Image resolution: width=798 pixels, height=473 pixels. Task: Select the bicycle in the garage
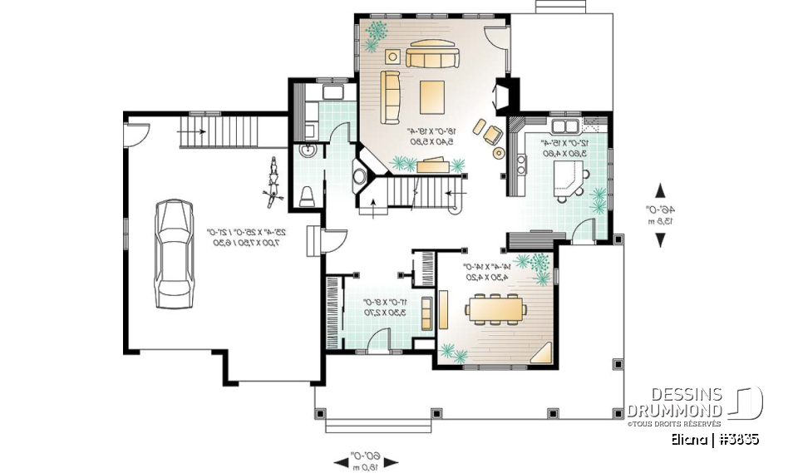[271, 180]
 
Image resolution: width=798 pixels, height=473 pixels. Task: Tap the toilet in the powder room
[306, 195]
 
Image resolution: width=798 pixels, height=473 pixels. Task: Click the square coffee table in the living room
[432, 95]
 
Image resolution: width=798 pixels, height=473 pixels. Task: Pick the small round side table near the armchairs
[499, 153]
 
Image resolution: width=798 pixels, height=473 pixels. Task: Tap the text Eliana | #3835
[717, 439]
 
